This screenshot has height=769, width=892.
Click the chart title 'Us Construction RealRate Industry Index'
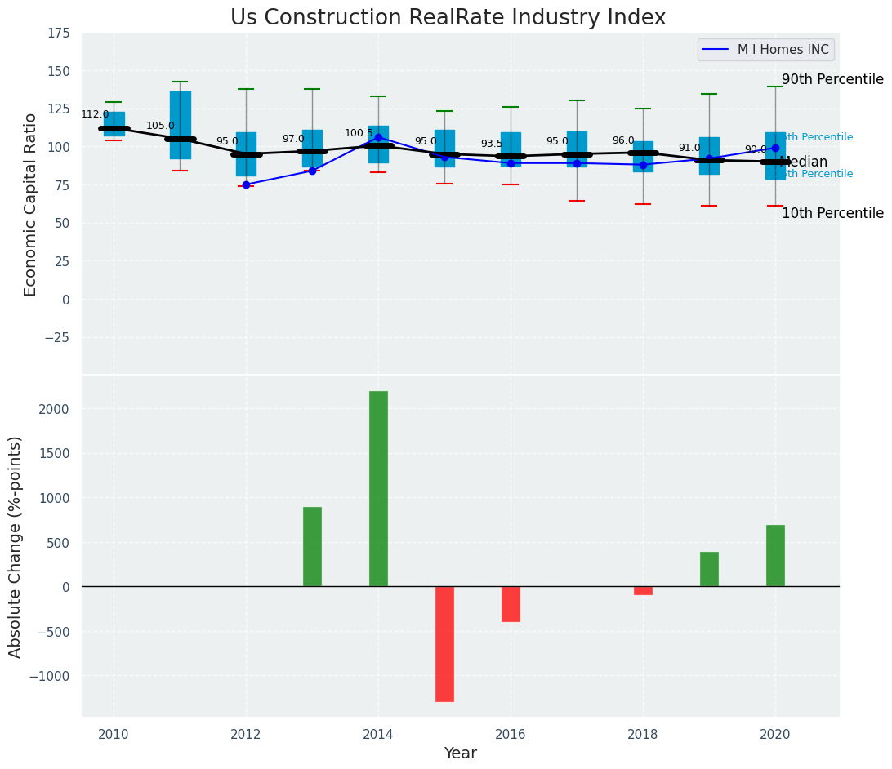tap(448, 18)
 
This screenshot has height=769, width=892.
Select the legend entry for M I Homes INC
tap(765, 50)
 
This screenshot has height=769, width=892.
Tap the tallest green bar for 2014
tap(378, 488)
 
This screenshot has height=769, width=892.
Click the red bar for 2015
tap(444, 643)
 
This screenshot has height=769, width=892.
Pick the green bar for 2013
tap(312, 546)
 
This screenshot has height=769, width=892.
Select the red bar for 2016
tap(511, 604)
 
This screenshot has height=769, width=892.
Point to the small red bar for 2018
tap(643, 590)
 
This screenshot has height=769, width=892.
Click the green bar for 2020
tap(775, 555)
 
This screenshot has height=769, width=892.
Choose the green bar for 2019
tap(709, 569)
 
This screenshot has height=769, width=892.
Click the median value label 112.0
tap(95, 114)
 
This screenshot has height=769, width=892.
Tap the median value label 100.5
tap(359, 133)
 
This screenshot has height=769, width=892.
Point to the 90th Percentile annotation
tap(832, 79)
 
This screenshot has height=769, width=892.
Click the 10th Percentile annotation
tap(832, 213)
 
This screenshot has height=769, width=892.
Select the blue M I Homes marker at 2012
tap(246, 184)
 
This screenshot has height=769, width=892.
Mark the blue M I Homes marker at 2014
tap(378, 137)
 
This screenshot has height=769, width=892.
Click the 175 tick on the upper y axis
tap(58, 33)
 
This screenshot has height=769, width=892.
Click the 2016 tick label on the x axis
tap(511, 734)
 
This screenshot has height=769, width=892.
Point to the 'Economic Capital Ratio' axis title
tap(31, 204)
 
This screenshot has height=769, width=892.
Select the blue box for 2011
tap(181, 125)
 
